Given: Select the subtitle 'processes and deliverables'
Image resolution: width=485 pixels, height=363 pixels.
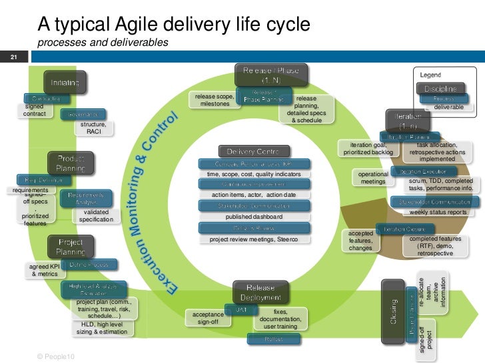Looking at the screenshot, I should point(103,43).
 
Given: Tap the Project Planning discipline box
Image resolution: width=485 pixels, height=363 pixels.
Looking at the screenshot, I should point(71,247).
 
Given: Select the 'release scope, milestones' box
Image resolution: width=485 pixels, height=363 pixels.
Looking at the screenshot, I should point(215,100).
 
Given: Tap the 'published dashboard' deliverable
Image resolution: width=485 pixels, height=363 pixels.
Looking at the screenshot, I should point(254,217).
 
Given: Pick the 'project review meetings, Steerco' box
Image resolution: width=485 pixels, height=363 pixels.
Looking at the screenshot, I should point(254,239).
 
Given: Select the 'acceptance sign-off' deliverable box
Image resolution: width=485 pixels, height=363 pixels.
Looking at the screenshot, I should point(208,317).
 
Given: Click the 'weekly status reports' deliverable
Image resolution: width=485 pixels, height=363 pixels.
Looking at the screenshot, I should point(438,212).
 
